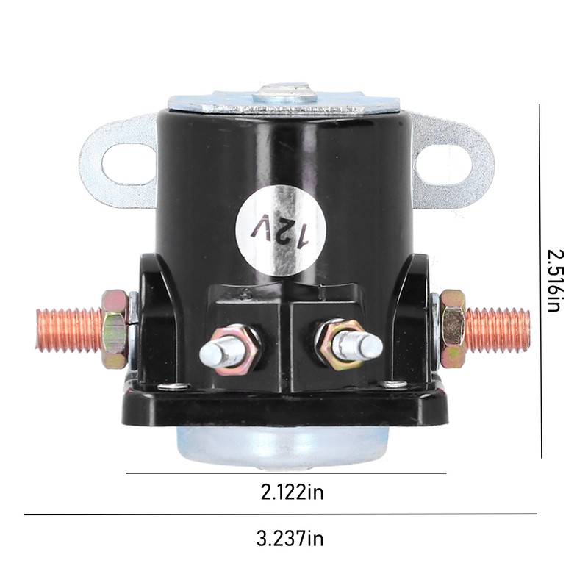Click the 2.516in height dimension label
pos(556,281)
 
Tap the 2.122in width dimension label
pos(292,492)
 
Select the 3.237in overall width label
pos(290,539)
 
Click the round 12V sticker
pos(281,230)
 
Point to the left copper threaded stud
pos(69,330)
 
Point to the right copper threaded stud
pos(497,330)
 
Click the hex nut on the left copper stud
pos(115,329)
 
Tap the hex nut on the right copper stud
pos(453,329)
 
